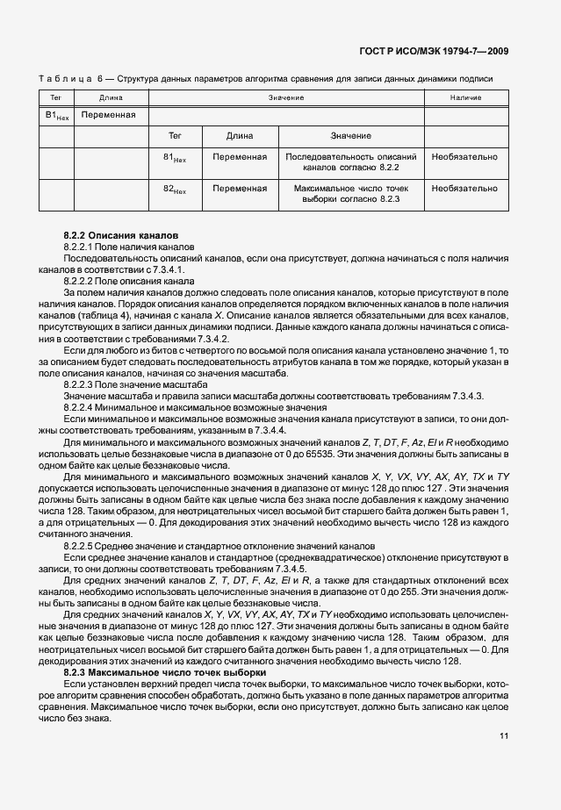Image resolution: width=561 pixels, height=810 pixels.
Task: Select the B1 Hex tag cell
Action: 56,116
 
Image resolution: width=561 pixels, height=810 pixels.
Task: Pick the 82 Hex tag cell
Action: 176,190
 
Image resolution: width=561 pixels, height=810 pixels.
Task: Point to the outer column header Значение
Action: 286,97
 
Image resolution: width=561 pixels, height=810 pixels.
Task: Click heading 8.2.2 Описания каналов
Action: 121,237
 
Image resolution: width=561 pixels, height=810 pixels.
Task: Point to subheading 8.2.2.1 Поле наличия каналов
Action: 122,248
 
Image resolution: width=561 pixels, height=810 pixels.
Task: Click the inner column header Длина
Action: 240,136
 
